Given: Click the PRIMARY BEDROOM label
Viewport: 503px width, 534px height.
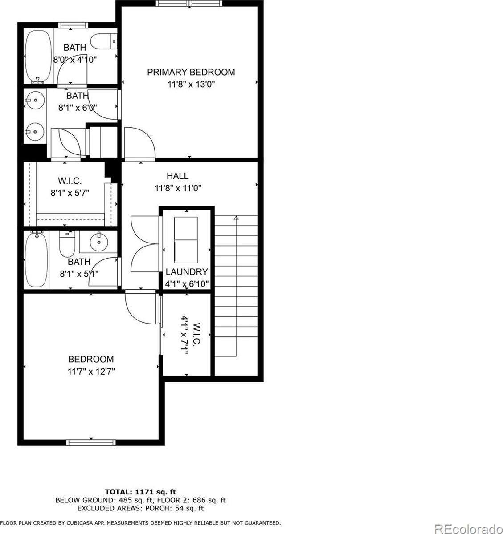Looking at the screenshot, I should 191,72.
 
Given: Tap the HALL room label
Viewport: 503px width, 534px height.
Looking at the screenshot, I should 177,176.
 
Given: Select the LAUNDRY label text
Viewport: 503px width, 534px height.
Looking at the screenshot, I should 187,272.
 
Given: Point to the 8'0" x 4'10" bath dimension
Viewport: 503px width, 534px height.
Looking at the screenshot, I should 75,59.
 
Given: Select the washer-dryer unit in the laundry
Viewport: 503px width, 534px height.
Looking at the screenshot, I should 187,240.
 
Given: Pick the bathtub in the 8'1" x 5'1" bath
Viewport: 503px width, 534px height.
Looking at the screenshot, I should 37,260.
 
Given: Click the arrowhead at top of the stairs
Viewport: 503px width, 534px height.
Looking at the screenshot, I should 236,218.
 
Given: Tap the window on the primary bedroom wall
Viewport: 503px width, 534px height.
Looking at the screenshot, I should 189,4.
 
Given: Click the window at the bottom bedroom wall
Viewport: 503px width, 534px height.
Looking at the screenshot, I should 91,442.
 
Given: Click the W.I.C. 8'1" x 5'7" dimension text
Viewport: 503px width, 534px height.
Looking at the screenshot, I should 70,193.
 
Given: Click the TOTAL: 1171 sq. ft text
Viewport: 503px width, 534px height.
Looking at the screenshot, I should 140,492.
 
